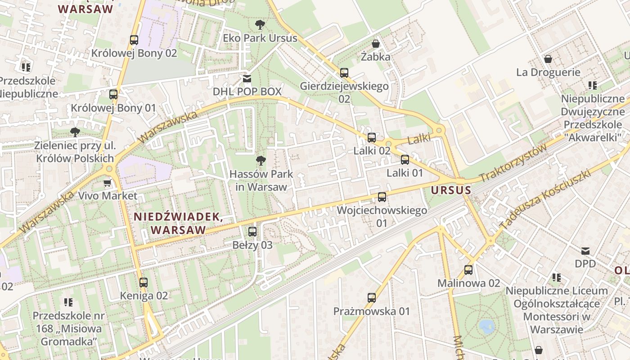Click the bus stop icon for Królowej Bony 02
coord(134,40)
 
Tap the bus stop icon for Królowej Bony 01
coord(113,94)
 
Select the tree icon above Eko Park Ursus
coord(260,25)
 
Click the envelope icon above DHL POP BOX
coord(247,79)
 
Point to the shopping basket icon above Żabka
coord(375,44)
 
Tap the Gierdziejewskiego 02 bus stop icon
coord(344,72)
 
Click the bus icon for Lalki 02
coord(372,138)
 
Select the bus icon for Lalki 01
coord(405,159)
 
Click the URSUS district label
coord(451,190)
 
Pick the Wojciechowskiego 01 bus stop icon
coord(382,197)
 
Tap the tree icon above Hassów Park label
coord(260,161)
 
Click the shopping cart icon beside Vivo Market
coord(107,183)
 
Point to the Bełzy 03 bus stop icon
coord(252,232)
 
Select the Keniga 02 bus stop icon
coord(144,283)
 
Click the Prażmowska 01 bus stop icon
coord(372,297)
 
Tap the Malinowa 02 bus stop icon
coord(468,270)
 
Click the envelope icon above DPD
coord(585,251)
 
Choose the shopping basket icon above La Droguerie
coord(548,59)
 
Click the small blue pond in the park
coord(487,325)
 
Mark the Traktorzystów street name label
coord(513,163)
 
